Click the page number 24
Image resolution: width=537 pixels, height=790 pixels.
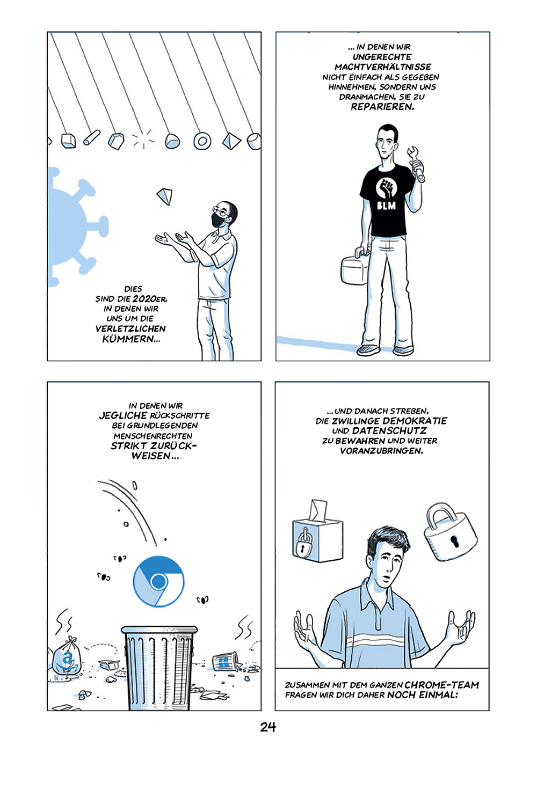click(268, 727)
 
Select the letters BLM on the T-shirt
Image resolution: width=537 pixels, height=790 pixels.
click(386, 205)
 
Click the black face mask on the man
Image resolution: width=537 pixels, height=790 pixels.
click(219, 221)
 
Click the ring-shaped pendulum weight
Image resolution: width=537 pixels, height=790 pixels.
click(202, 141)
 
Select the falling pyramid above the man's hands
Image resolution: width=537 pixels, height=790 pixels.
click(165, 196)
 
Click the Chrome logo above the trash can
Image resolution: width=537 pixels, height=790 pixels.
click(158, 582)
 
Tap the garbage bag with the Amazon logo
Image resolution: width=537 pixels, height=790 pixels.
click(66, 656)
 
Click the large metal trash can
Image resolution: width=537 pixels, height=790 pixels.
click(159, 668)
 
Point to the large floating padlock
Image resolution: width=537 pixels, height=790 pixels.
click(449, 532)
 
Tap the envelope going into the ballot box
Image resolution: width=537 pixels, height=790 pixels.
click(318, 510)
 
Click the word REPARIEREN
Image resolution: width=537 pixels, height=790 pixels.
click(382, 107)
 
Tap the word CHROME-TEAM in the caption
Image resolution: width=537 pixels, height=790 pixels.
click(442, 685)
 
